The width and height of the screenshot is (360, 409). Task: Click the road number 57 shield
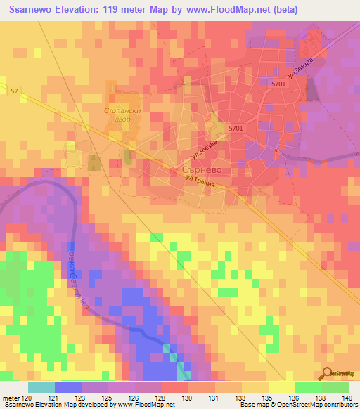tap(15, 90)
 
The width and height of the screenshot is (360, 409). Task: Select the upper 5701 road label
tap(278, 84)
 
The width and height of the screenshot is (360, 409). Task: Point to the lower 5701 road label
tap(236, 128)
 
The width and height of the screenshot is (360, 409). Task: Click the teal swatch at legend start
tap(41, 387)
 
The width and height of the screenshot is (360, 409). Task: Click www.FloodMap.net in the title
tap(232, 10)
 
